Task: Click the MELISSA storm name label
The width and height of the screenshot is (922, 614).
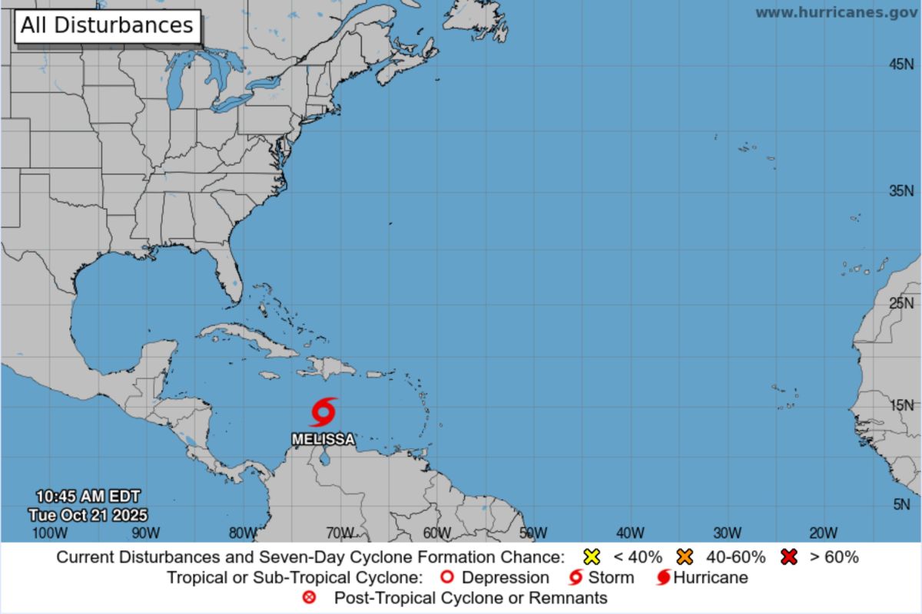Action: tap(323, 440)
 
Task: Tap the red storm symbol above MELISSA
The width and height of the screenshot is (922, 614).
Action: tap(323, 412)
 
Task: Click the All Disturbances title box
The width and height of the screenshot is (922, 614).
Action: tap(107, 25)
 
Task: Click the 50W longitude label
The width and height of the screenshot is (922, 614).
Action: tap(532, 533)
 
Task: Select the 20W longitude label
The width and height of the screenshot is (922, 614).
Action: tap(823, 533)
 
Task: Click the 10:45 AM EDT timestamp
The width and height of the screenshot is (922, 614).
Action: tap(88, 497)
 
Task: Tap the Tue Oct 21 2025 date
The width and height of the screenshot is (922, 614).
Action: tap(88, 515)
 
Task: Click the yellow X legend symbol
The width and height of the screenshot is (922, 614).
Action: tap(592, 557)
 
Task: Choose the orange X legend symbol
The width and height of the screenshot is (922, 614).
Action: tap(685, 557)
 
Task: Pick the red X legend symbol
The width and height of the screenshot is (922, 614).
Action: tap(788, 557)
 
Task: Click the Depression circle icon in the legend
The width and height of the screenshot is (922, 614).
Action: tap(447, 577)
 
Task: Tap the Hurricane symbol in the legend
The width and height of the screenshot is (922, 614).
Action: tap(663, 577)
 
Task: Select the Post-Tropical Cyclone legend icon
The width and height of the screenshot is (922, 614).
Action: tap(310, 597)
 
